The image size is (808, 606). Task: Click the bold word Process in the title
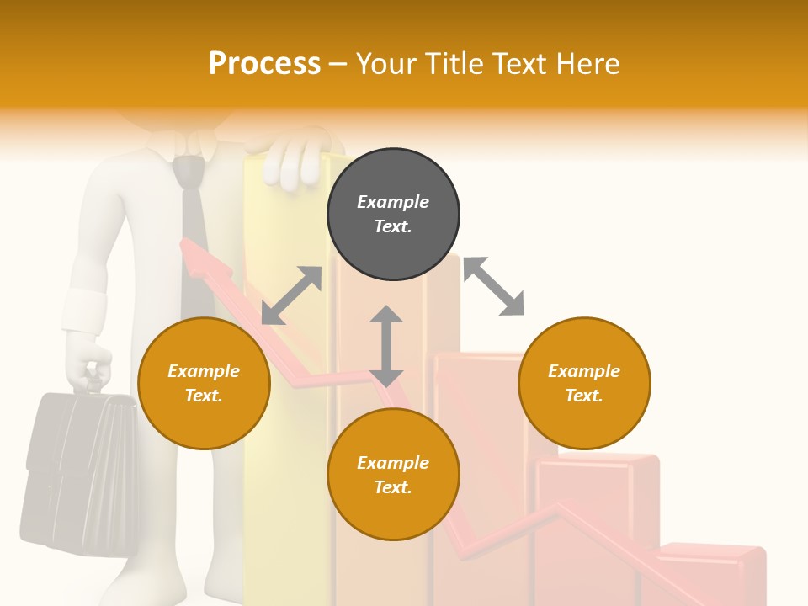point(264,64)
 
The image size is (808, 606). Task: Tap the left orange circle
point(204,383)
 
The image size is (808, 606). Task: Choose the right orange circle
point(584,383)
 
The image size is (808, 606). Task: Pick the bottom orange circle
point(393,475)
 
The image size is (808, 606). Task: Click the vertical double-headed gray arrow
point(386,346)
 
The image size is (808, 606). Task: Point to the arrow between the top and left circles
point(291,295)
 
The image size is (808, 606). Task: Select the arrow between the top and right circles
point(494,286)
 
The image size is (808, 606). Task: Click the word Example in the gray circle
point(393,202)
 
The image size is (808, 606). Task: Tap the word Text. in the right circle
point(584,396)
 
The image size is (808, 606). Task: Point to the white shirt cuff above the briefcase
point(84,310)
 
